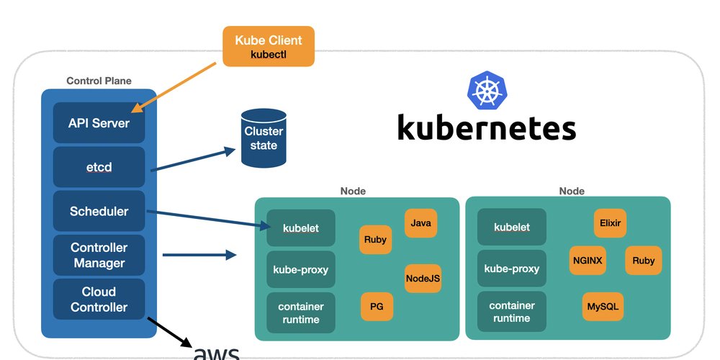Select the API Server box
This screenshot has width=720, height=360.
99,123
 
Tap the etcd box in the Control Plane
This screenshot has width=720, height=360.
99,167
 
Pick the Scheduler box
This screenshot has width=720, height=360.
99,211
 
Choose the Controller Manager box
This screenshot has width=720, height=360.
99,255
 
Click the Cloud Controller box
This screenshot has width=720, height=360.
99,300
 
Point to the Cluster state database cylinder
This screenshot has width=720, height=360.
264,138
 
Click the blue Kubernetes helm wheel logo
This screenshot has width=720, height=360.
487,91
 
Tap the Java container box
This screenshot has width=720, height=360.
421,223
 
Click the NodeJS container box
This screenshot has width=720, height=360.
423,278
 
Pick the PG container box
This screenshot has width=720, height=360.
377,307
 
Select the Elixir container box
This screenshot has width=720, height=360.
610,223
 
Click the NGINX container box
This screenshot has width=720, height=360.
588,260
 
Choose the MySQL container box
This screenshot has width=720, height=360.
603,307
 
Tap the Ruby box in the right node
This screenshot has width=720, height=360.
644,260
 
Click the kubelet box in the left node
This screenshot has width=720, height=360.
301,228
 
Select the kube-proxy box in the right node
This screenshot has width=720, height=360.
512,269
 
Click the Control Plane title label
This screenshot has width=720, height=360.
99,81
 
